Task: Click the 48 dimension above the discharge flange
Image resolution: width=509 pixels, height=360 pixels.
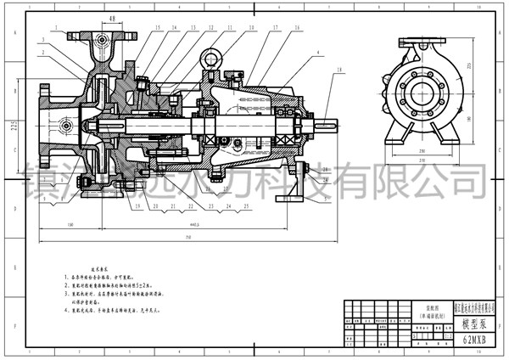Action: coord(112,18)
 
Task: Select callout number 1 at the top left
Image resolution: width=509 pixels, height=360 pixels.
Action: coord(54,28)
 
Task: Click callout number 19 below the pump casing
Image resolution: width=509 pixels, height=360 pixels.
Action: coord(135,206)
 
